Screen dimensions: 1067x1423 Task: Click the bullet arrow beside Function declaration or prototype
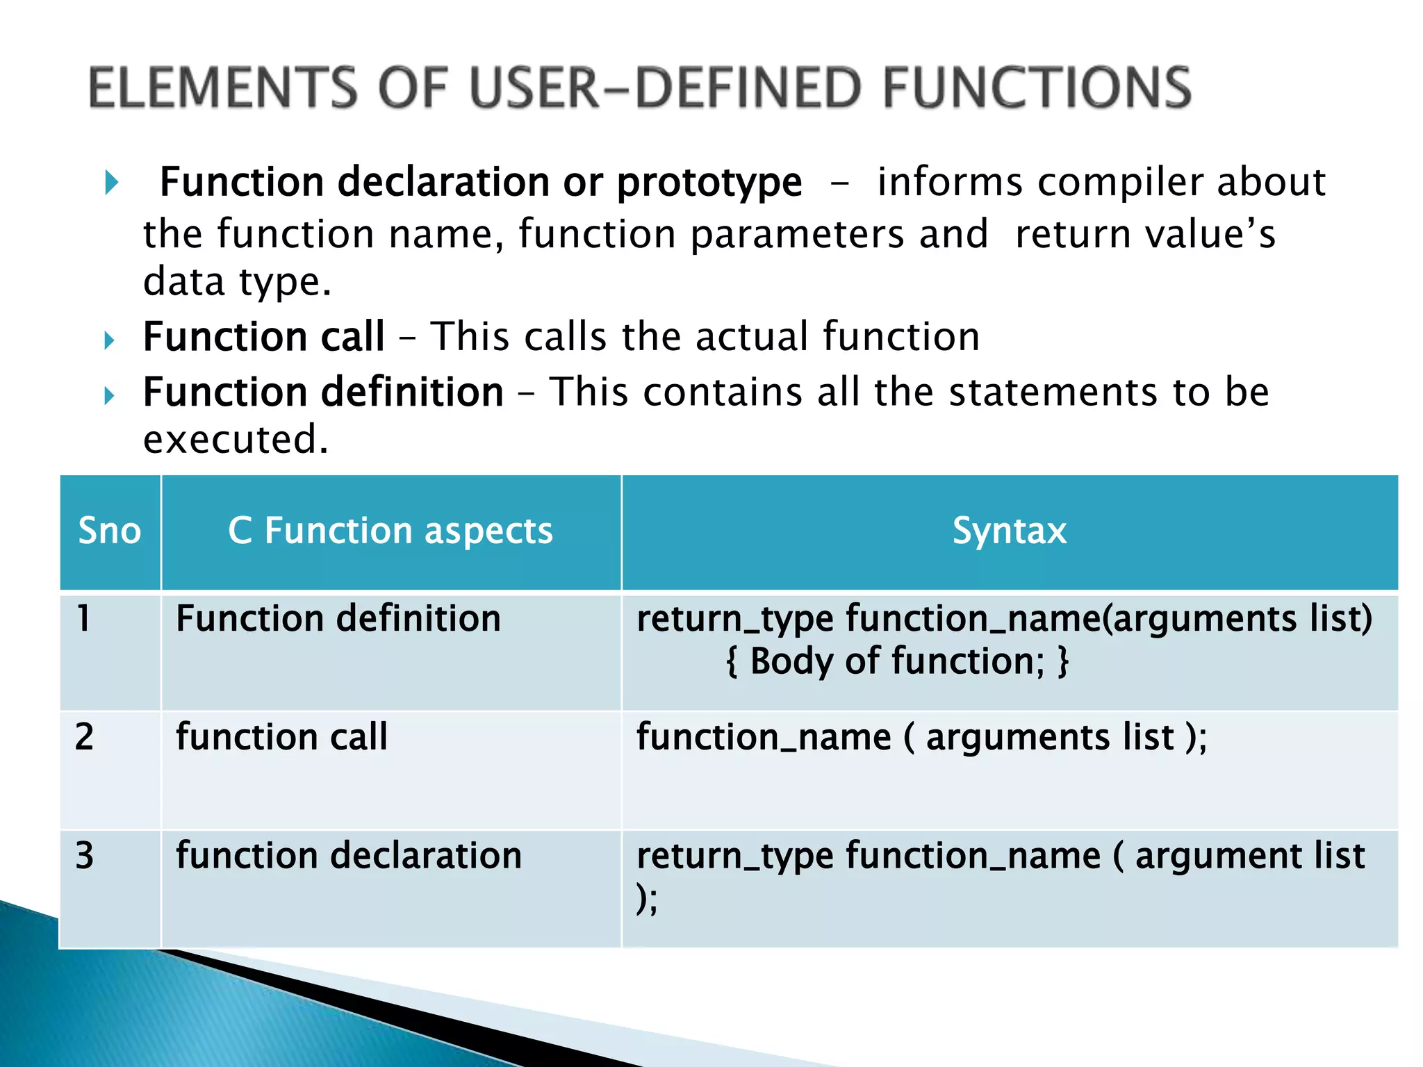111,183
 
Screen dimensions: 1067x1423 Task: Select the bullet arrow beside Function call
109,340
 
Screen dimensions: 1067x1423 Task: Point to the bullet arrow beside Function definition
109,396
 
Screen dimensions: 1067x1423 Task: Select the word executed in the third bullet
235,440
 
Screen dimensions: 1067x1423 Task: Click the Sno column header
110,531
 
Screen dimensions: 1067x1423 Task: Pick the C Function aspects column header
390,531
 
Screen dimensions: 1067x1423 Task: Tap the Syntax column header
1009,531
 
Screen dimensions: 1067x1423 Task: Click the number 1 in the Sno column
83,618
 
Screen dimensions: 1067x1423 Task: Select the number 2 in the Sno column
84,737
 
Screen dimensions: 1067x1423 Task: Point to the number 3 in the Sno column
84,856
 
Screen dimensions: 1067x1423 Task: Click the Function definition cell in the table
338,619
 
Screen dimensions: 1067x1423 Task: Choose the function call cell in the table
281,737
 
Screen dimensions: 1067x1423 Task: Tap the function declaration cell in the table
348,856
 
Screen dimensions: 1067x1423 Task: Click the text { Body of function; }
896,661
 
